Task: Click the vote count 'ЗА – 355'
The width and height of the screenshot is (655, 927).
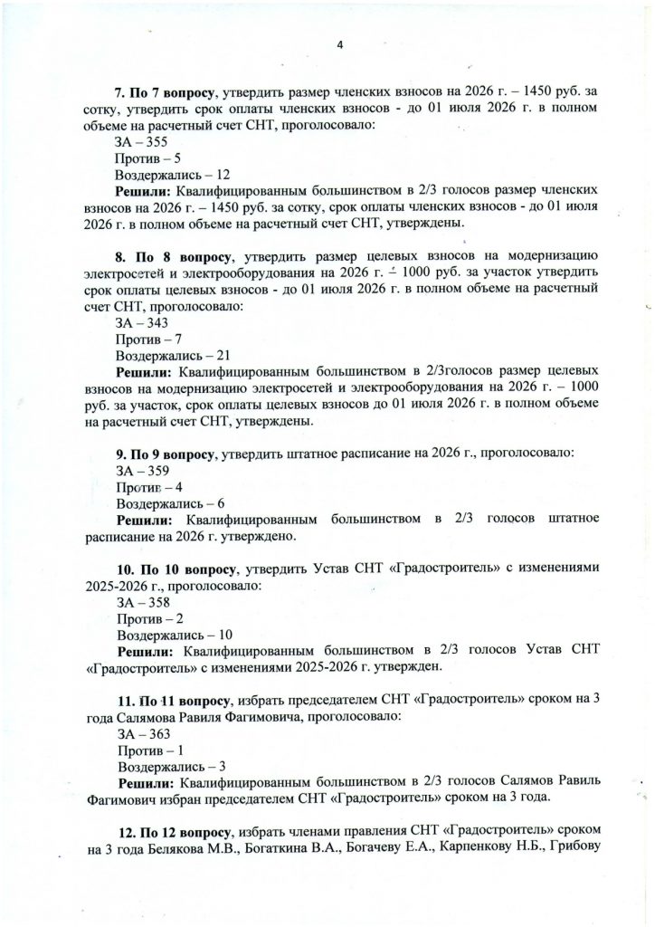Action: (141, 141)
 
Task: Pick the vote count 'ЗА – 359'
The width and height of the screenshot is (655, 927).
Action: (141, 470)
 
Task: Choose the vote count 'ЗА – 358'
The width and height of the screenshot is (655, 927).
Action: (141, 601)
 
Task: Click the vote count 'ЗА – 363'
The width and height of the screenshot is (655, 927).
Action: (141, 732)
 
